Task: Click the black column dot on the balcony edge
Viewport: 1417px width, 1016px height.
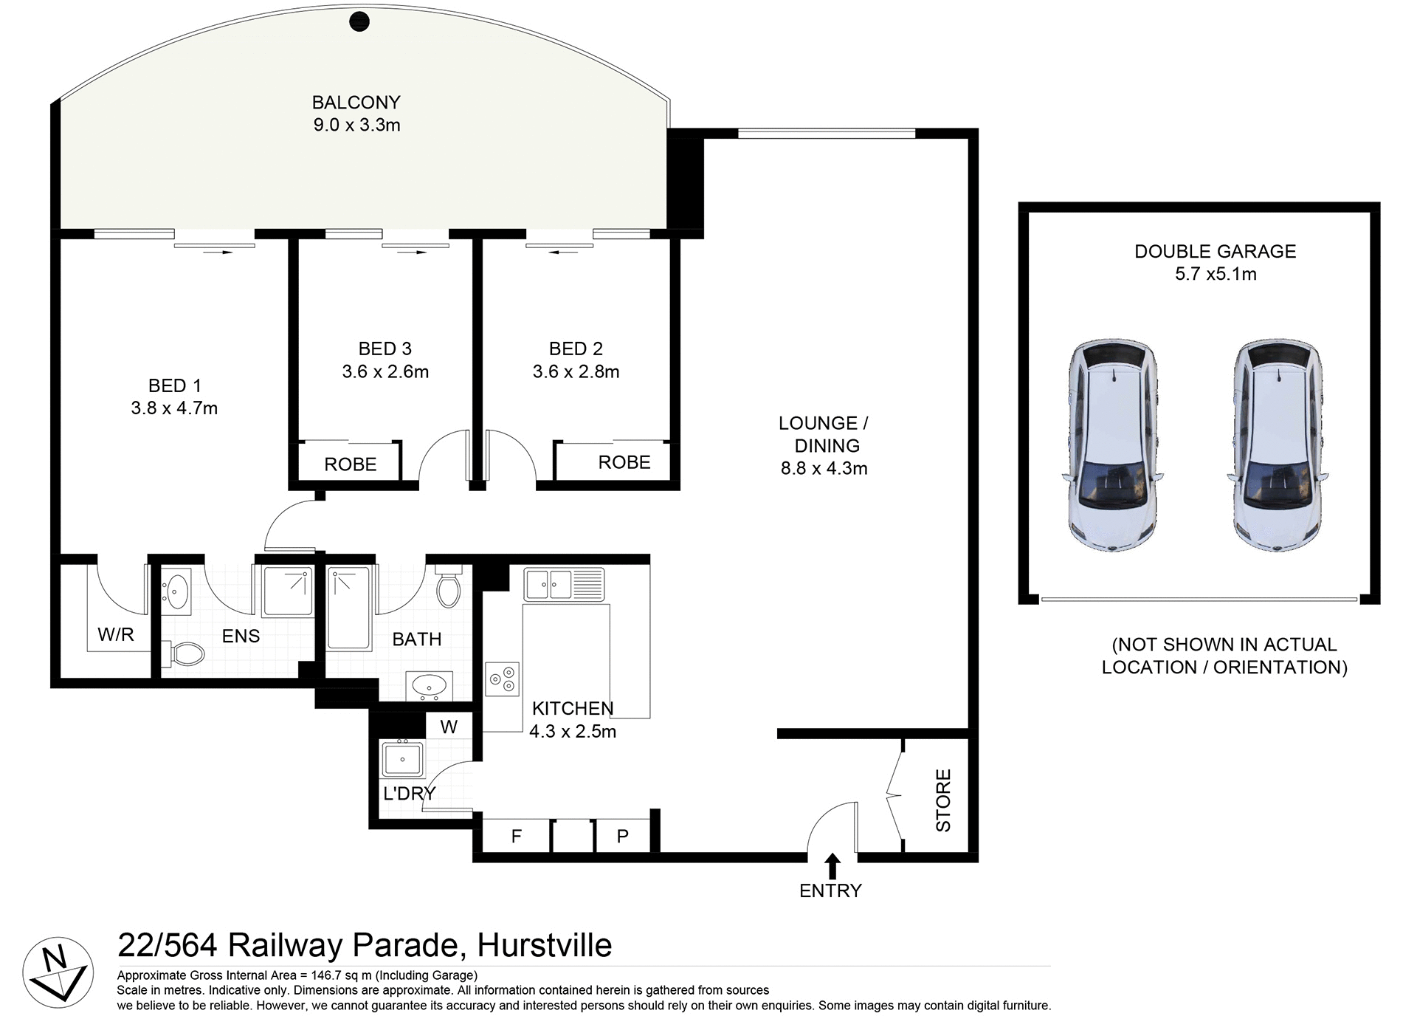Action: (359, 21)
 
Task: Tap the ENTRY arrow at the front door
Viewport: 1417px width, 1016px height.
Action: (832, 865)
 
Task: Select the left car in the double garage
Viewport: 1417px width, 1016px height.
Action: (1113, 445)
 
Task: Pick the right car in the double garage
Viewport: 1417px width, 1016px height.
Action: (1278, 445)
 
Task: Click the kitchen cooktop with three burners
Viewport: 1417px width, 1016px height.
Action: (503, 679)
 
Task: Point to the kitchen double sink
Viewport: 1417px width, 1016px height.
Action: (564, 584)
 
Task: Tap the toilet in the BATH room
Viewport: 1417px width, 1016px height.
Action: (448, 587)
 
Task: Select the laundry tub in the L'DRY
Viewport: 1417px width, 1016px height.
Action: (402, 758)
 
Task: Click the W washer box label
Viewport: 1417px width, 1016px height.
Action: (449, 727)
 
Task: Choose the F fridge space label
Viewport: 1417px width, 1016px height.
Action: (516, 837)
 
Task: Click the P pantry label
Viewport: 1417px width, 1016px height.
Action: (622, 837)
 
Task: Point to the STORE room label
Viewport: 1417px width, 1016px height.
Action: (943, 800)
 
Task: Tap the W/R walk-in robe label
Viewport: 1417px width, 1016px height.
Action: (116, 635)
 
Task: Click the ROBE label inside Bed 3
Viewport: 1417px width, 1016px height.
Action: (350, 464)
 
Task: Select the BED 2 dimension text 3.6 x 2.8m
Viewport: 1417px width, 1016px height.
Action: (576, 371)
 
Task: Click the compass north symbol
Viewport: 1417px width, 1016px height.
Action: (58, 972)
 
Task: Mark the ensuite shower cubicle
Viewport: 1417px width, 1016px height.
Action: (287, 591)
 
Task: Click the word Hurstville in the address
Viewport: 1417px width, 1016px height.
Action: (545, 946)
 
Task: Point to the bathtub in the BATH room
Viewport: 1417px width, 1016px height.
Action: (349, 609)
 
